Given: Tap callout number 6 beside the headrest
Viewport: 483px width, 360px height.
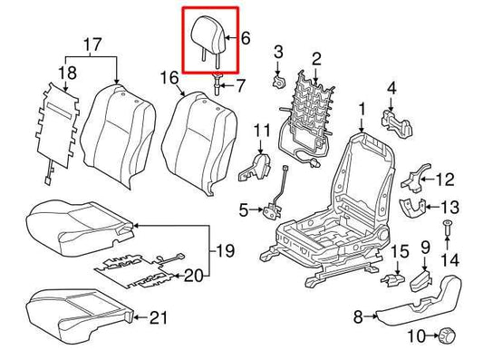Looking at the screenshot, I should click(x=245, y=37).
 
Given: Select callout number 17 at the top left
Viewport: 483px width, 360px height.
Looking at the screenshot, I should click(x=92, y=44).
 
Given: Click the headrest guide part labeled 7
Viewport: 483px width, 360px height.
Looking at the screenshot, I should click(x=217, y=86).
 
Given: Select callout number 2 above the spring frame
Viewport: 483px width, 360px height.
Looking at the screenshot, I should click(x=316, y=59).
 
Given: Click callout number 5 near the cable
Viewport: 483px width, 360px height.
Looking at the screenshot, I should click(x=244, y=210).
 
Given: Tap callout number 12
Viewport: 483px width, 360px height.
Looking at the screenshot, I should click(x=445, y=179).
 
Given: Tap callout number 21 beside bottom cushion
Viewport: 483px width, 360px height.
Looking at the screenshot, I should click(x=159, y=316).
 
